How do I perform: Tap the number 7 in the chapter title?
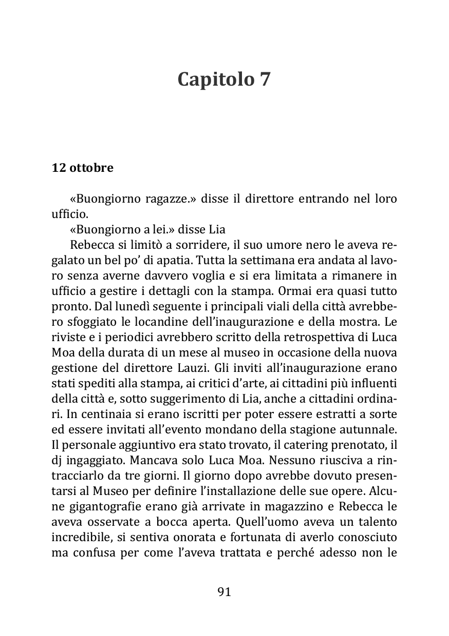pos(264,79)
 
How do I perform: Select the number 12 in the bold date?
pos(59,168)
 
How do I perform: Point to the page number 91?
pos(224,592)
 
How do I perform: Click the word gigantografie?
pos(100,507)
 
